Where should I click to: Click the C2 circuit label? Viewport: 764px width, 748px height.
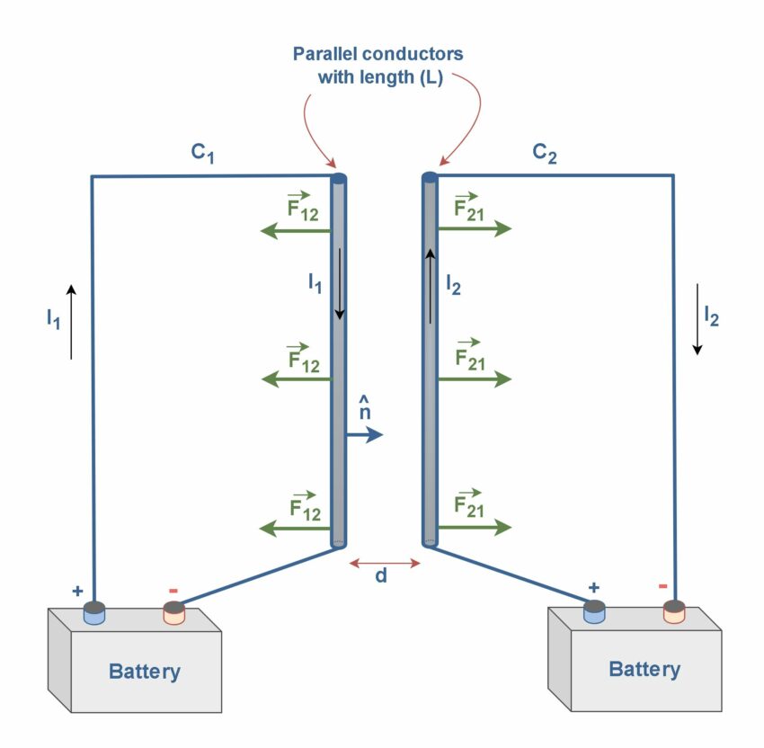click(x=545, y=153)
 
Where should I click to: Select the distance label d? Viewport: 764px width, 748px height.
click(x=381, y=576)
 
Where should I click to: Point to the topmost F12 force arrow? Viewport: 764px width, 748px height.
click(x=295, y=232)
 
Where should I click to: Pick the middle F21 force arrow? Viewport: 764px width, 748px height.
click(x=474, y=379)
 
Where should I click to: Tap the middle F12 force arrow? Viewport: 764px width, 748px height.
click(x=295, y=379)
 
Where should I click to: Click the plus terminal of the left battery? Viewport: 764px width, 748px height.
click(x=94, y=613)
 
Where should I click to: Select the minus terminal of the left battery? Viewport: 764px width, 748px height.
click(x=173, y=613)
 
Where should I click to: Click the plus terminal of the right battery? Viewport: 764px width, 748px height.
click(x=593, y=611)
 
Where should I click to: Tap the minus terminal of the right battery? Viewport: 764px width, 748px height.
click(x=674, y=611)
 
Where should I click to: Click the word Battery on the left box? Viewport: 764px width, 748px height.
click(x=144, y=671)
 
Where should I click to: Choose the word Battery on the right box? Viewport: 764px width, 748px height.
click(x=644, y=669)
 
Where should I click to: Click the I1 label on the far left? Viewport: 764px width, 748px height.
click(x=54, y=319)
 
